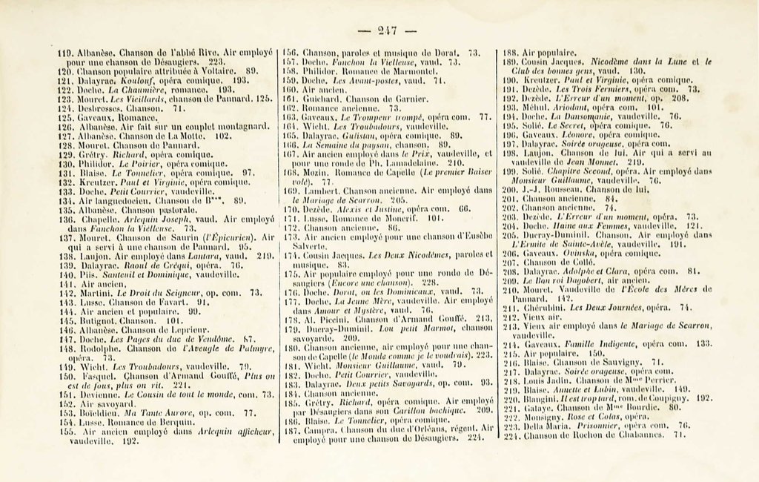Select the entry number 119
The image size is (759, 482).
(x=65, y=53)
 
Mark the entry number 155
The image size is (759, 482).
(x=66, y=431)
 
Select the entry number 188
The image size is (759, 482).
(x=509, y=53)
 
